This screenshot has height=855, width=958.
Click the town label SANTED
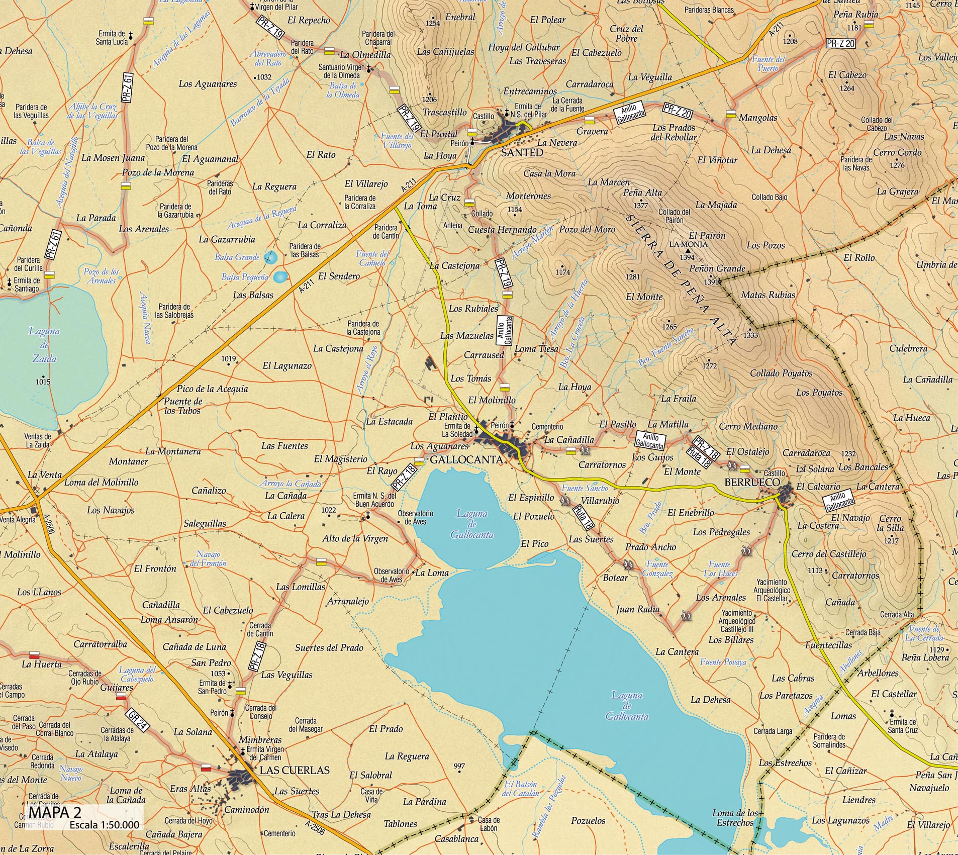(522, 153)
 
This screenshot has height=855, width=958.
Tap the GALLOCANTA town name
(465, 460)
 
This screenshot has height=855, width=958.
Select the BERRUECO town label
(752, 483)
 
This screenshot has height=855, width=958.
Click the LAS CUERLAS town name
(295, 771)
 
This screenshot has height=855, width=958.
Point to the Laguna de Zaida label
(44, 345)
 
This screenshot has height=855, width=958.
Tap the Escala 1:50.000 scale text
(104, 825)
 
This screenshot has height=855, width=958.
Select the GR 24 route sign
(137, 720)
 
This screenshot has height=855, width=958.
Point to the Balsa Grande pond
(270, 258)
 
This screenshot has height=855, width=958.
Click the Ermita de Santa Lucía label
(112, 38)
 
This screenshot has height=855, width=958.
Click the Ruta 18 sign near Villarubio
(583, 517)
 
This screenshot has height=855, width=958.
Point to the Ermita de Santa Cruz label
(902, 726)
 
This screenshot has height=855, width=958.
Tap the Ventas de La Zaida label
(38, 440)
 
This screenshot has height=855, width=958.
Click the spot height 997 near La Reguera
(459, 767)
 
